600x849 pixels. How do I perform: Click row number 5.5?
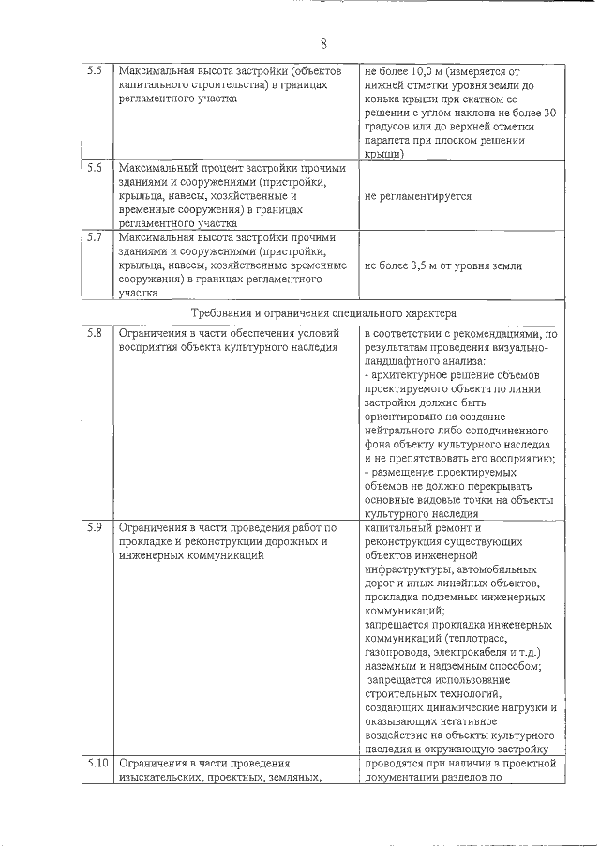(94, 71)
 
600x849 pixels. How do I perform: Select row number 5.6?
(94, 169)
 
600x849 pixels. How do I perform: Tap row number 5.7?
(94, 238)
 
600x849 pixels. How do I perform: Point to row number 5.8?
(94, 334)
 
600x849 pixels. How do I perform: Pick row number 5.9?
(94, 527)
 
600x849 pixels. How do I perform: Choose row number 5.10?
(97, 763)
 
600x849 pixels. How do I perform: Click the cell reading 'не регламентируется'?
(417, 196)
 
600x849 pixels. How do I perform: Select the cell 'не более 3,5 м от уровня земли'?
(442, 265)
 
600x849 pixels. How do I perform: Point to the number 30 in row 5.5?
(550, 113)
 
